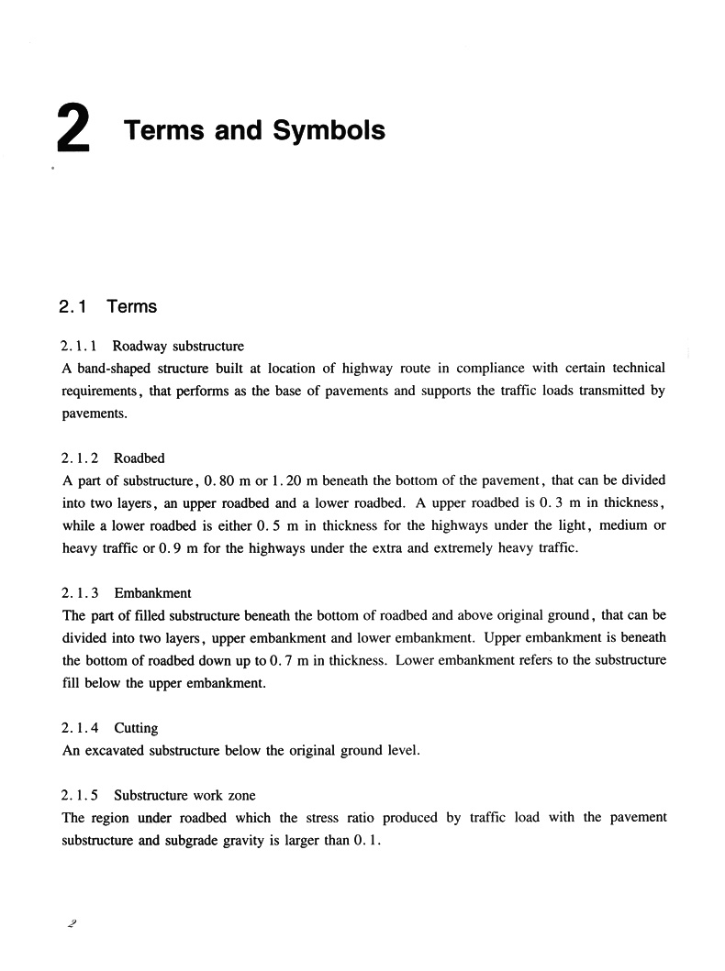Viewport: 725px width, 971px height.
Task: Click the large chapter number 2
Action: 72,129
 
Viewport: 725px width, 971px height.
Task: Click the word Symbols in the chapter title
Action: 329,130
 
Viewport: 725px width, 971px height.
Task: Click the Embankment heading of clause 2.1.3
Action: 152,593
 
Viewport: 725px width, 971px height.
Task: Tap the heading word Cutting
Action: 136,728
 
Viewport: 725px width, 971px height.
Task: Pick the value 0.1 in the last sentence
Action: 365,840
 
